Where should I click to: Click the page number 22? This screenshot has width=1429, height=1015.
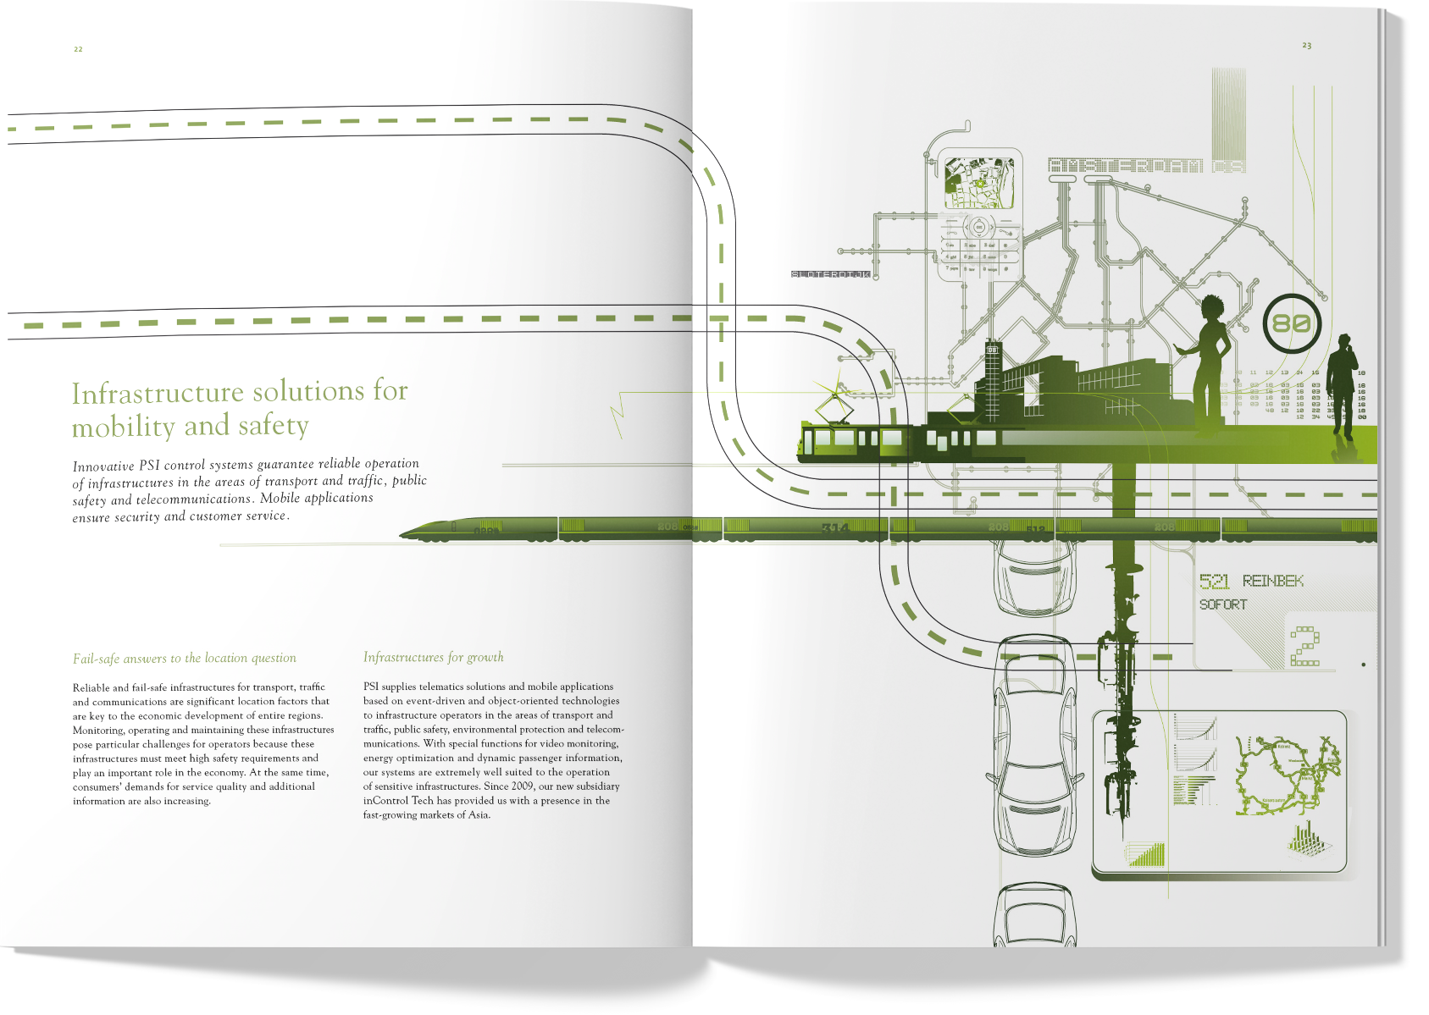[x=78, y=49]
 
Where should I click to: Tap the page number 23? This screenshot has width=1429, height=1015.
[x=1306, y=46]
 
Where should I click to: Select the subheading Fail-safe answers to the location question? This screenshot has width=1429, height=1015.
[x=184, y=658]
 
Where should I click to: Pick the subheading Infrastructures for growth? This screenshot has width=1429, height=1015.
[x=433, y=657]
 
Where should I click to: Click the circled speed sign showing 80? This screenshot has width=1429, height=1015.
[x=1291, y=323]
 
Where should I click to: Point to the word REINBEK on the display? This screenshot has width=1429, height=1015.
[x=1272, y=581]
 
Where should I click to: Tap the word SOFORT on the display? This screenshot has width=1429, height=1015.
[x=1222, y=604]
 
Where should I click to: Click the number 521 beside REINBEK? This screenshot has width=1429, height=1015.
[x=1214, y=581]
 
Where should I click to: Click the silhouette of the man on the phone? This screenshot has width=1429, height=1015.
[x=1342, y=381]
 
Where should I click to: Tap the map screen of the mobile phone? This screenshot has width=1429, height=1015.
[x=978, y=183]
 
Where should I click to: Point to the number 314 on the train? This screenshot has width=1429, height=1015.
[x=834, y=527]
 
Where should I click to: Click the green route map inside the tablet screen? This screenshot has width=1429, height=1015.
[x=1286, y=773]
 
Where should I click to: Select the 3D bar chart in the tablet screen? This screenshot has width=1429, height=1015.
[x=1307, y=838]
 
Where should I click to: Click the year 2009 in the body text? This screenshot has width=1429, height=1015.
[x=522, y=786]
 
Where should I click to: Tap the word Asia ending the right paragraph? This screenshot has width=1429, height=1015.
[x=479, y=815]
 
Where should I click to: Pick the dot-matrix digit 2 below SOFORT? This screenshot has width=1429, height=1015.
[x=1304, y=647]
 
